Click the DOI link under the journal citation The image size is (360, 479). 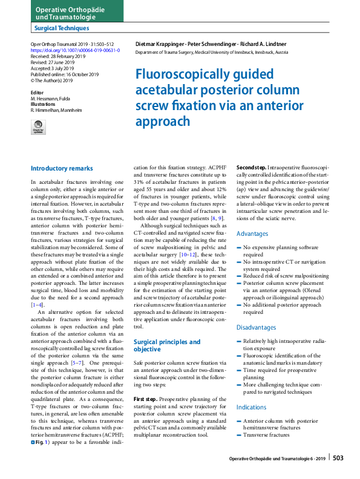coord(75,50)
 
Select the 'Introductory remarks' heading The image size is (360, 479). coord(62,168)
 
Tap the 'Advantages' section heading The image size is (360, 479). coord(253,233)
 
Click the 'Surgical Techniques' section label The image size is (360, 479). coord(62,28)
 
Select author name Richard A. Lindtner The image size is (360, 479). coord(264,44)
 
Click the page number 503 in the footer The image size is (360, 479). coord(338,458)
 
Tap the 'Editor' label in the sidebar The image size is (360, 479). coord(38,93)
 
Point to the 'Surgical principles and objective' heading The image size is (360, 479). coord(166,345)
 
